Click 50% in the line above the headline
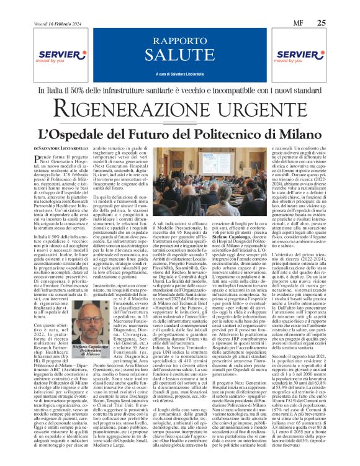[86, 91]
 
